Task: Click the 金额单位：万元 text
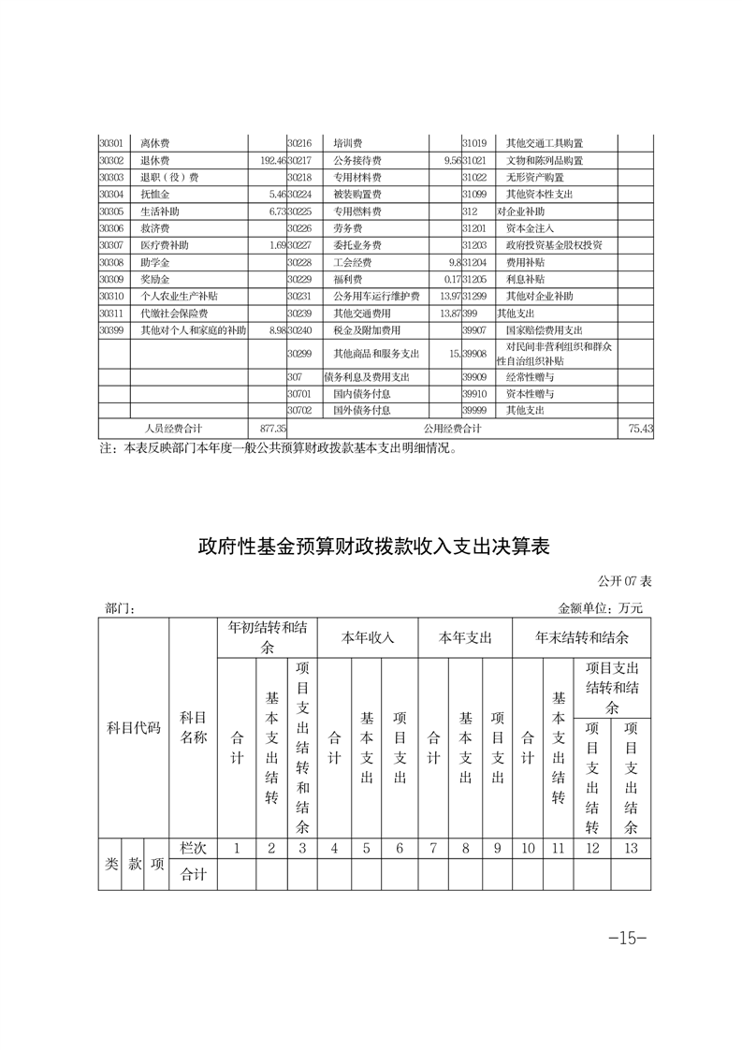[601, 608]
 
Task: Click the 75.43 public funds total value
[639, 428]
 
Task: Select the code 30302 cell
[111, 160]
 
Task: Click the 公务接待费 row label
[353, 160]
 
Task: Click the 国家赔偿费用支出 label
[544, 329]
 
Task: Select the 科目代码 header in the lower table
[133, 727]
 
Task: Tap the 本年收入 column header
[367, 637]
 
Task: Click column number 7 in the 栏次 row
[433, 849]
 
